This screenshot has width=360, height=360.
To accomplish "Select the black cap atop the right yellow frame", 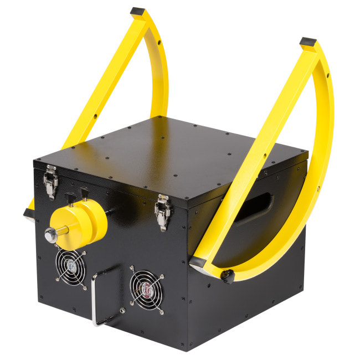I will (x=308, y=42).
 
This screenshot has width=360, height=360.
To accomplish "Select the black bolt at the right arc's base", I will (x=227, y=275).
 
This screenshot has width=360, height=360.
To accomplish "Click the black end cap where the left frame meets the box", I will (x=28, y=213).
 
